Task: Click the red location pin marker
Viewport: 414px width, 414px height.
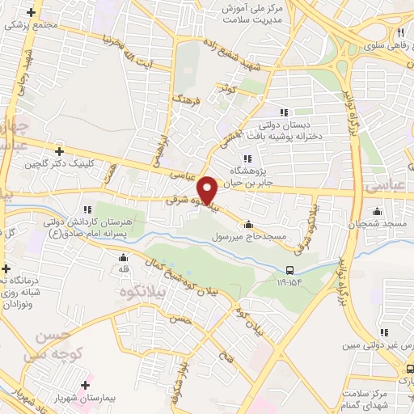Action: [x=208, y=190]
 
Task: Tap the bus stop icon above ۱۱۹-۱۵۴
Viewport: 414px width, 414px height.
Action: [x=290, y=270]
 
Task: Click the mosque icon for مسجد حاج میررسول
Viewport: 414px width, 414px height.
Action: [x=248, y=225]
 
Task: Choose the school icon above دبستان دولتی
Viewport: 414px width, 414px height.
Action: [x=283, y=112]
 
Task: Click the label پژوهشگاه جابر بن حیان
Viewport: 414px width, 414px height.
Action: [x=269, y=177]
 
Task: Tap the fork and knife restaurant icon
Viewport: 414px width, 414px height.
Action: [x=400, y=32]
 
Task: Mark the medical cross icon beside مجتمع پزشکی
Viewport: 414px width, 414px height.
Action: [x=32, y=14]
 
